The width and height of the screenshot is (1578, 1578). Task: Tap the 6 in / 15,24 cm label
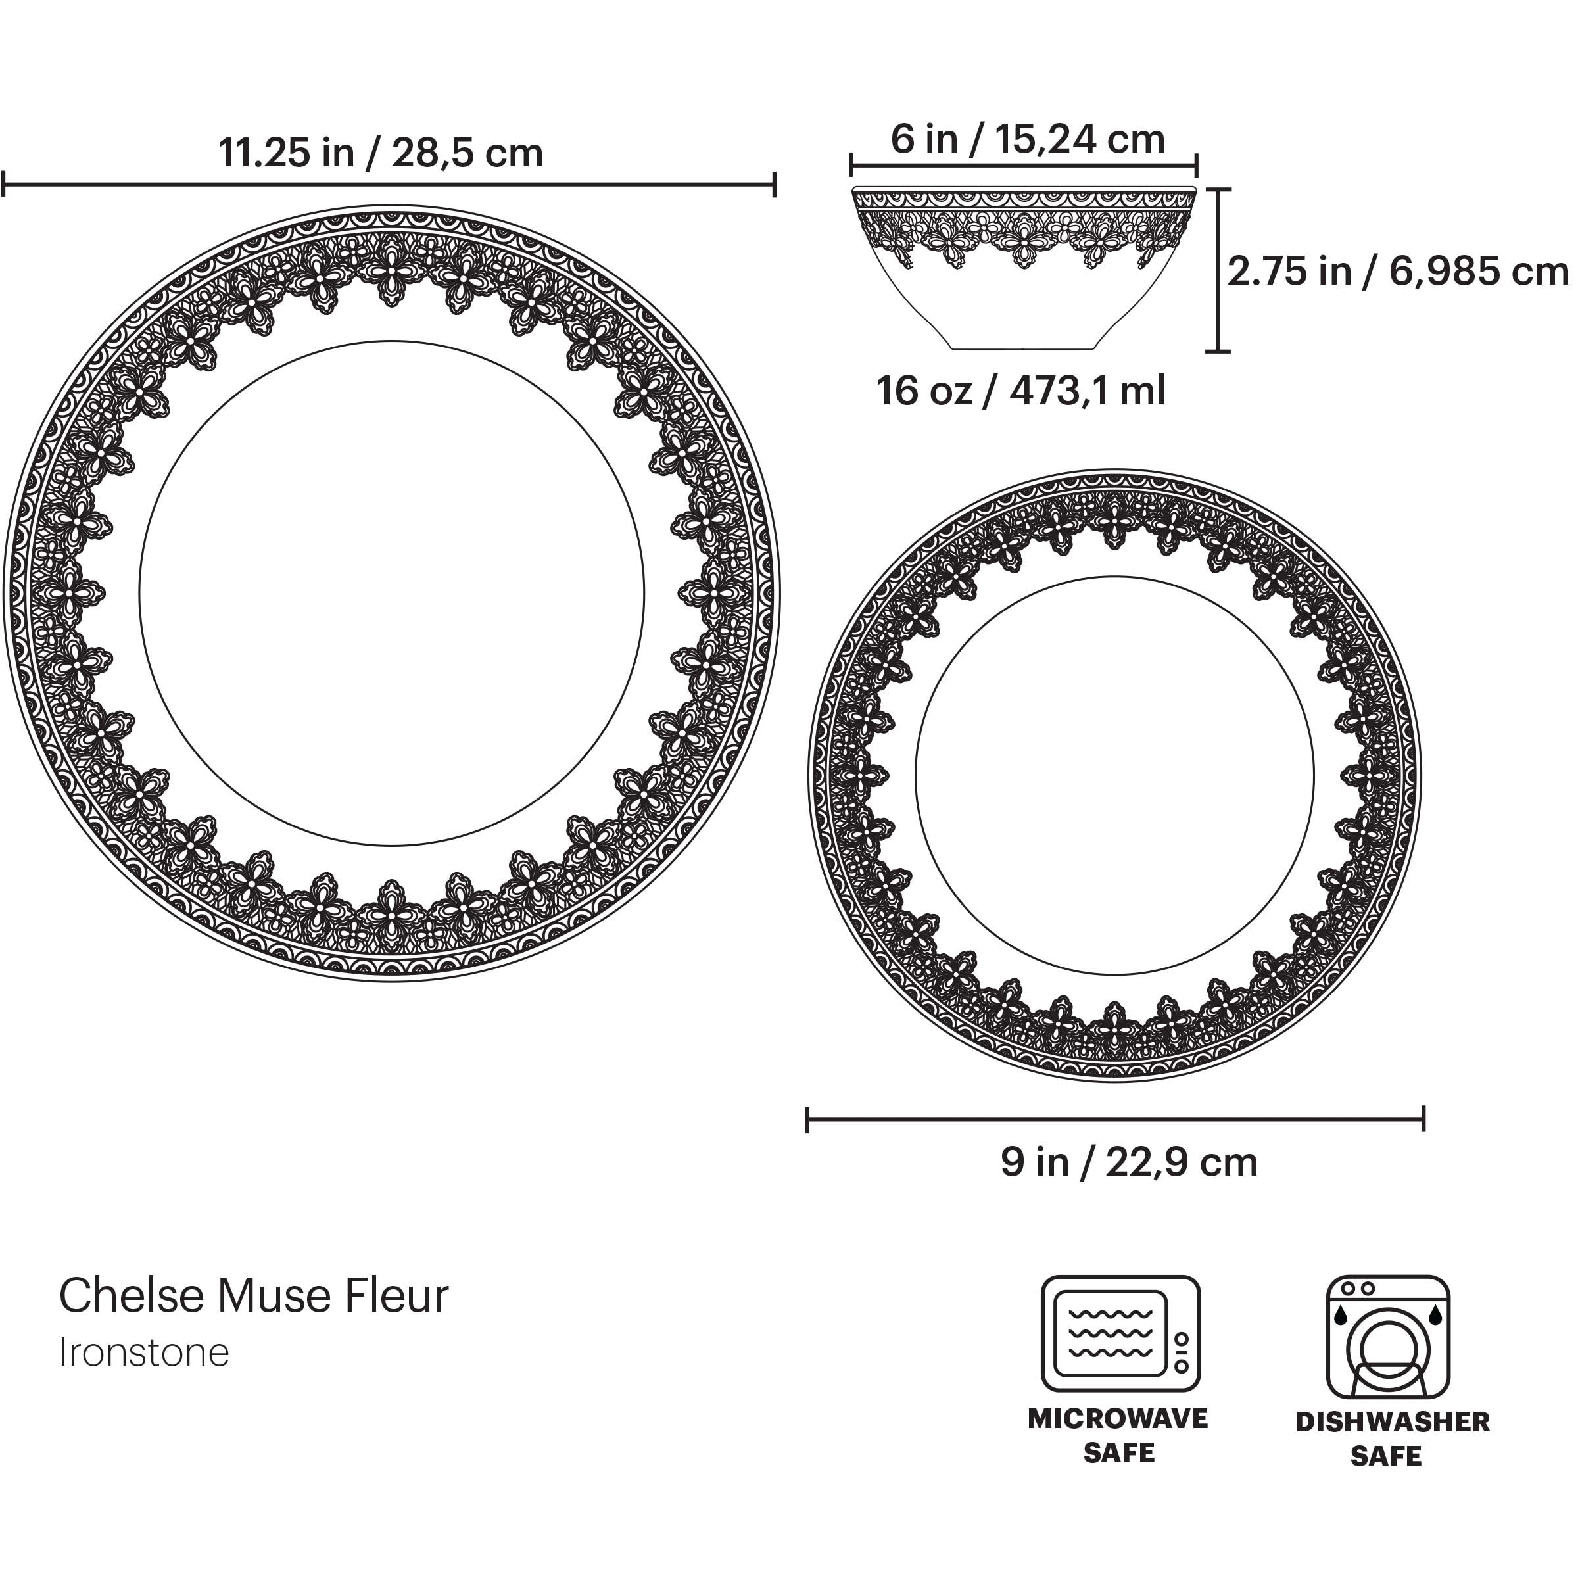tap(1028, 139)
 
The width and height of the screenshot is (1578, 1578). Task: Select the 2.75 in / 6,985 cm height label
tap(1397, 271)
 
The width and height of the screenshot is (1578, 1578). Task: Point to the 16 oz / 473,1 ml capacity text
tap(1021, 391)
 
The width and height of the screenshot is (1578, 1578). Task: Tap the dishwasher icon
tap(1388, 1337)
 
